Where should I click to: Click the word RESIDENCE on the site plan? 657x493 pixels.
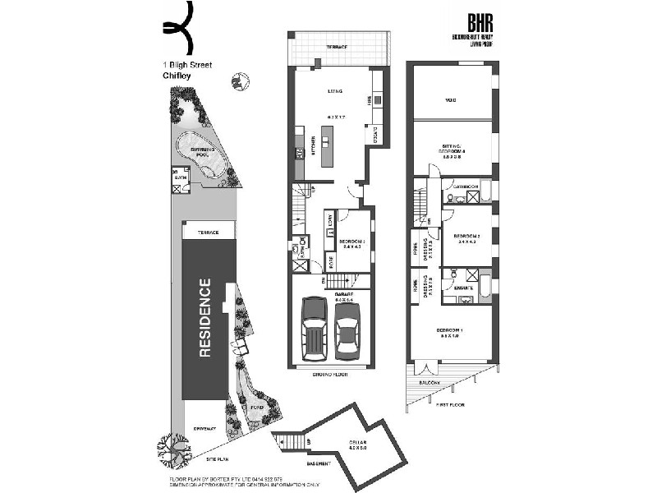[x=204, y=318]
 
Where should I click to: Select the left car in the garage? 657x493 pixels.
[x=315, y=327]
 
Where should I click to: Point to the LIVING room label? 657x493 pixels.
[x=334, y=91]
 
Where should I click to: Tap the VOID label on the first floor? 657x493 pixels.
[x=450, y=100]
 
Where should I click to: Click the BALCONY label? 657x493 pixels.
[x=430, y=383]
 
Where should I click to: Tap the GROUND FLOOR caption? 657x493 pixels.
[x=330, y=374]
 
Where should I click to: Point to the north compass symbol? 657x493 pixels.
[x=240, y=81]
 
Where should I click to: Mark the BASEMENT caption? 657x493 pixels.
[x=320, y=463]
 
